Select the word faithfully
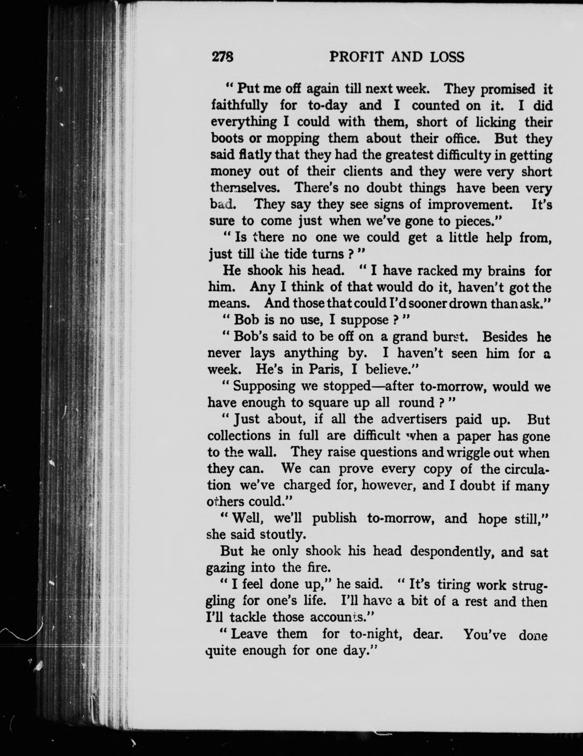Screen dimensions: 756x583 [239, 105]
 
